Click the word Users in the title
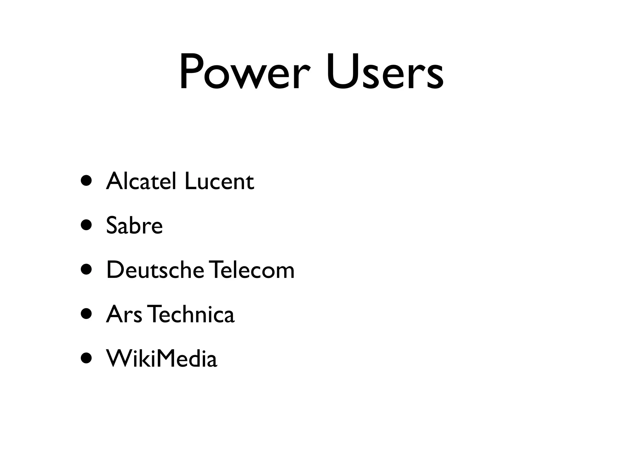click(x=385, y=72)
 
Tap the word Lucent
click(x=219, y=181)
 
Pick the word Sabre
click(x=134, y=225)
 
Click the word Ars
click(x=124, y=314)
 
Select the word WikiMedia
click(x=162, y=358)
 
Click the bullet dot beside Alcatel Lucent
click(x=86, y=181)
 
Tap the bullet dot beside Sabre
click(x=86, y=226)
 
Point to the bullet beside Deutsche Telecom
click(x=86, y=270)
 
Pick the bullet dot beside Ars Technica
click(x=86, y=314)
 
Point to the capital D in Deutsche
click(x=116, y=270)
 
